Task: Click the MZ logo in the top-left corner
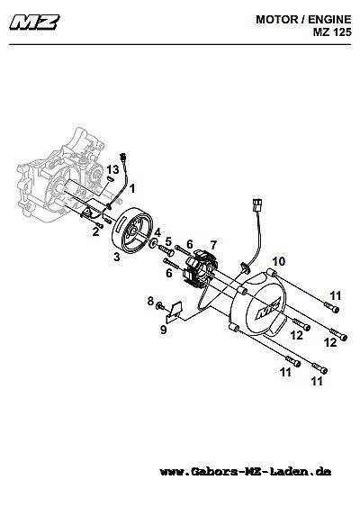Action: click(x=34, y=23)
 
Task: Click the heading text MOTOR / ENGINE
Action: click(x=303, y=20)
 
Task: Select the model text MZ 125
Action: click(x=332, y=32)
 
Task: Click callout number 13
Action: click(x=112, y=169)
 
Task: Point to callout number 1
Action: click(x=132, y=188)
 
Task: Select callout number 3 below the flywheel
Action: click(x=117, y=257)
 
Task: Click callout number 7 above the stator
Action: click(x=213, y=245)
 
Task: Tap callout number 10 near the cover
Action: click(x=279, y=261)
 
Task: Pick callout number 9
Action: click(x=164, y=330)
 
